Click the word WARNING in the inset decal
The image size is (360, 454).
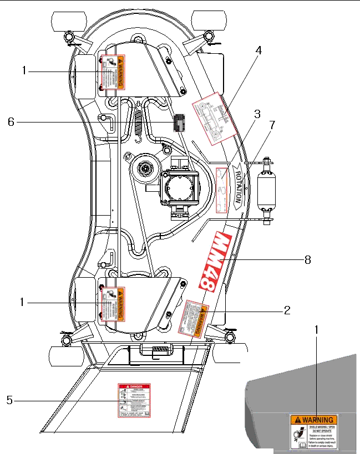(x=317, y=420)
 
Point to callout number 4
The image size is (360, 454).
(x=258, y=50)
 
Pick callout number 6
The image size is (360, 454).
(x=11, y=123)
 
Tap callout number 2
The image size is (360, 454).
(x=287, y=310)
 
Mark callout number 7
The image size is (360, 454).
(x=272, y=125)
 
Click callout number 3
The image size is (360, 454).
(x=257, y=114)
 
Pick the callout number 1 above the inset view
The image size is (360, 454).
(x=316, y=329)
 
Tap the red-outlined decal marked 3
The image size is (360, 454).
(x=221, y=190)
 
